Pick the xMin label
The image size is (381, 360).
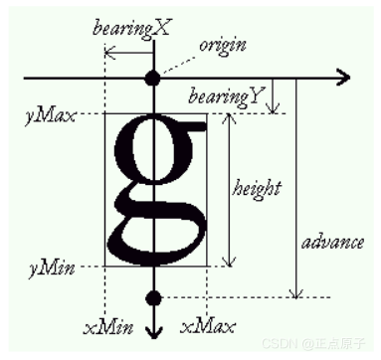(103, 326)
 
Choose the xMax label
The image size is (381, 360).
(207, 326)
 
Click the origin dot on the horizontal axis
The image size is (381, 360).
(152, 77)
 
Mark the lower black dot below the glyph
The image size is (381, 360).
(152, 297)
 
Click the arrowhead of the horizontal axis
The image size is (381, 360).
(343, 77)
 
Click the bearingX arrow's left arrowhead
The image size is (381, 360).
(107, 52)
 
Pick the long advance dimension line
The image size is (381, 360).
(294, 189)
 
